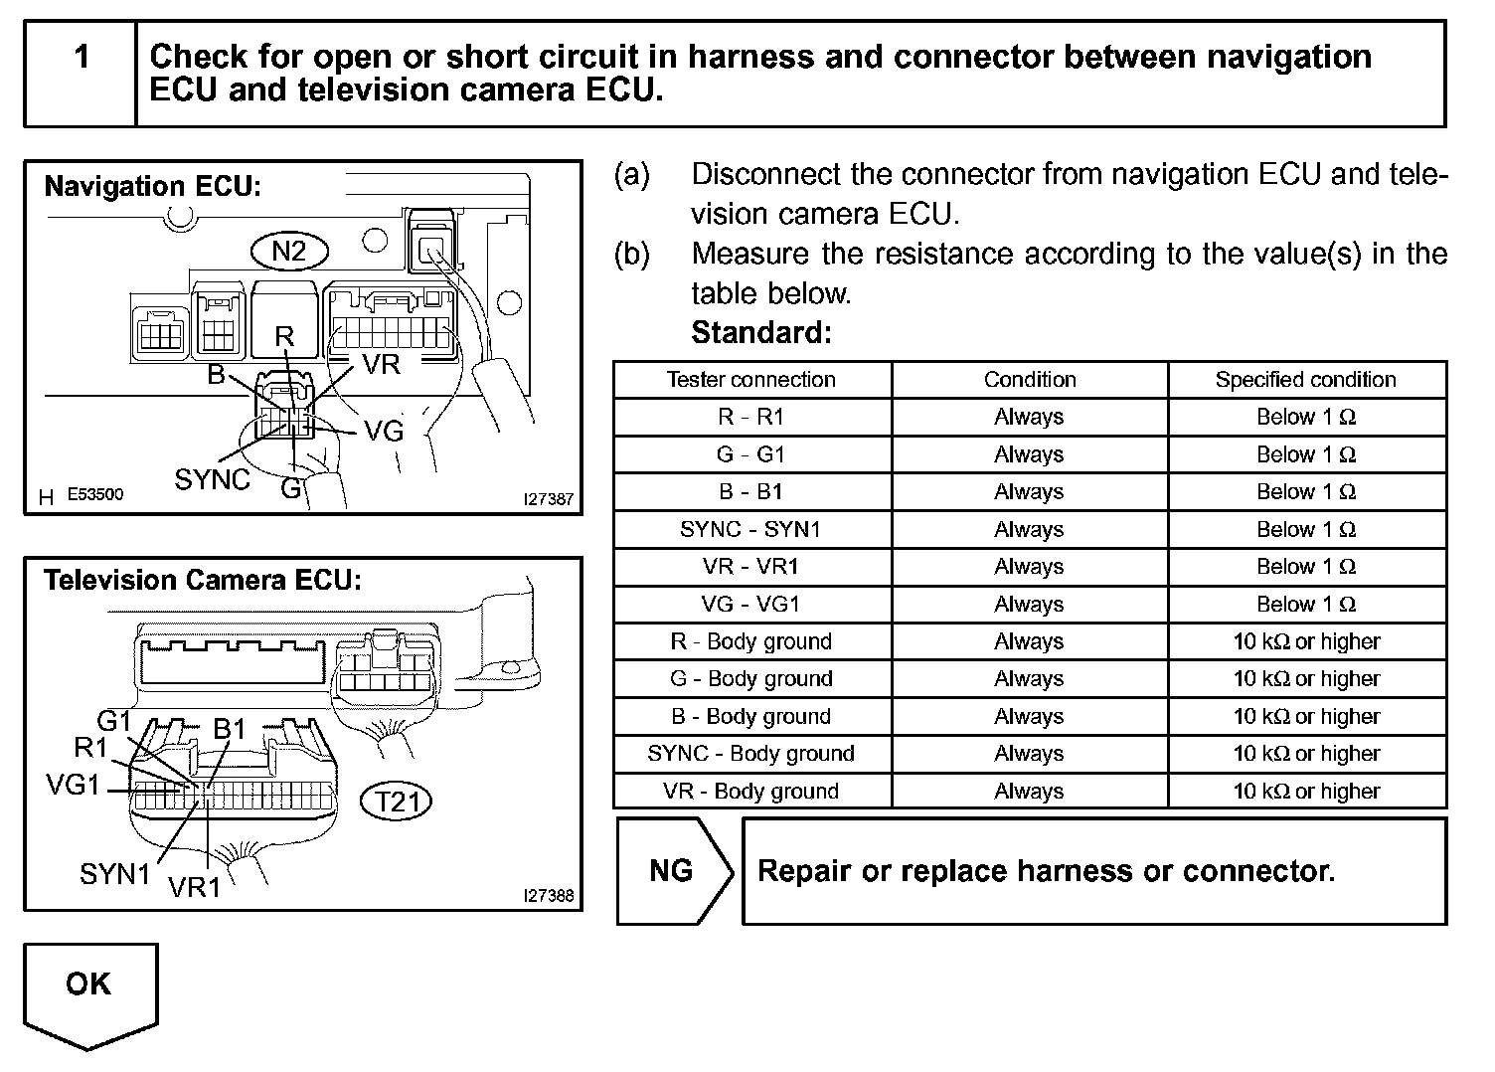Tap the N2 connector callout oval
(288, 251)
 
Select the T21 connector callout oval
(397, 801)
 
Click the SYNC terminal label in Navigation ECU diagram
(212, 480)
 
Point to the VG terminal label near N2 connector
(384, 431)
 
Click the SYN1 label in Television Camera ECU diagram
(115, 874)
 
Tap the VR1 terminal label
(194, 887)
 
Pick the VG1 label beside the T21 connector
(74, 786)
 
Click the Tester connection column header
(751, 380)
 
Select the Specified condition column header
(1305, 380)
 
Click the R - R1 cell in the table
(751, 418)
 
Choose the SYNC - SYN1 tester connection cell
(751, 529)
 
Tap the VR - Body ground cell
(751, 792)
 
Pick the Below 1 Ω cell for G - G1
(1305, 454)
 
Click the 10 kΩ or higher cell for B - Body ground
(1305, 716)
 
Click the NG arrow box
(673, 871)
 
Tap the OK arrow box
(89, 989)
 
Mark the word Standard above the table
(760, 332)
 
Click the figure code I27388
(549, 895)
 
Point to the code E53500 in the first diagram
(95, 494)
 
